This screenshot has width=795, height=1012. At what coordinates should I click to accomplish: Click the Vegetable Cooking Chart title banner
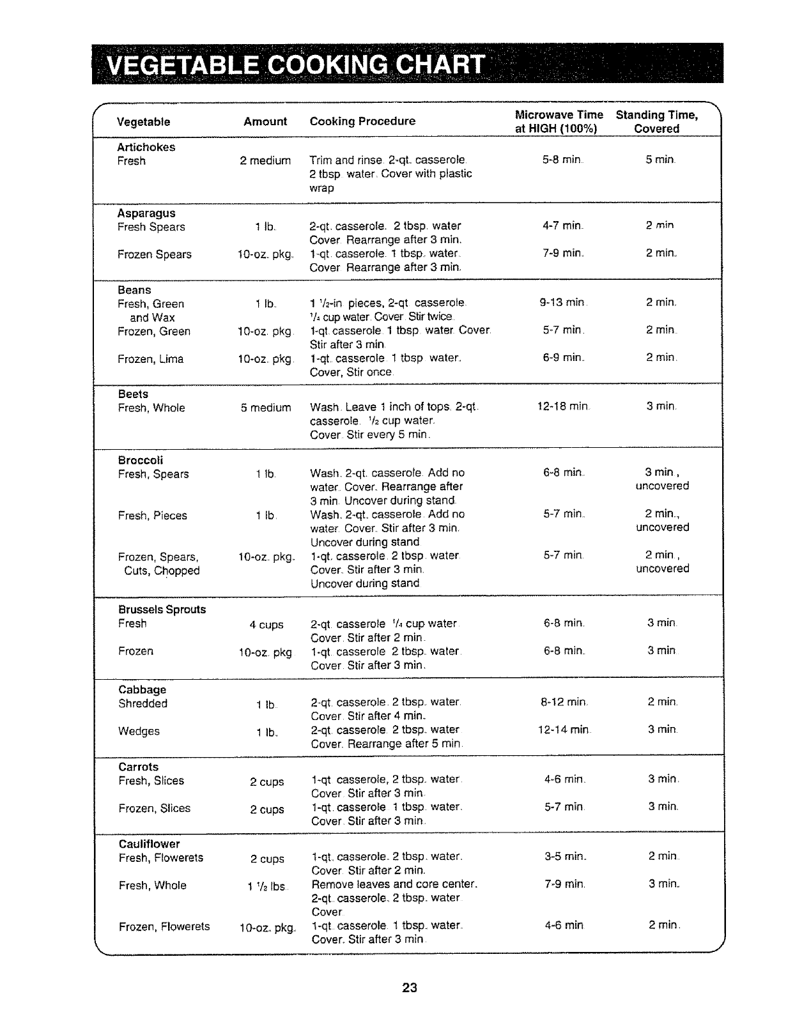pos(294,65)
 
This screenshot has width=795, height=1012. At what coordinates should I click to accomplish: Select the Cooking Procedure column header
pos(362,121)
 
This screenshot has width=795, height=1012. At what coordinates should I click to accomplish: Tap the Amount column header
pos(265,121)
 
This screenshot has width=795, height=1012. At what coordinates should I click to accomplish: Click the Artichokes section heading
pos(146,147)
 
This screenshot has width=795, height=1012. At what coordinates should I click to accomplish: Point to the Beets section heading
pos(133,394)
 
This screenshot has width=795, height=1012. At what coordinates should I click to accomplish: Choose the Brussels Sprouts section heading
pos(162,609)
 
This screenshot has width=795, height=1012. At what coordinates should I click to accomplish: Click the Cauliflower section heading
pos(150,844)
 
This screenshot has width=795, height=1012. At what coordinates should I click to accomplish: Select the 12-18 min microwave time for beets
pos(563,407)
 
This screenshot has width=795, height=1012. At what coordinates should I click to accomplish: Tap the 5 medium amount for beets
pos(266,408)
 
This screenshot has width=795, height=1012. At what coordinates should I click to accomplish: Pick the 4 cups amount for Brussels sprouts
pos(266,625)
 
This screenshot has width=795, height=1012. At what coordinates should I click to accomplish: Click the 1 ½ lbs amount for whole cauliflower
pos(268,886)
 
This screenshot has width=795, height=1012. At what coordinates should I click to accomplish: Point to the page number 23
pos(410,988)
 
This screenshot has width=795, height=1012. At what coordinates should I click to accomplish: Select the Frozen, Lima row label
pos(151,359)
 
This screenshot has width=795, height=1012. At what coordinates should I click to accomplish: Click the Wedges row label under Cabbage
pos(139,731)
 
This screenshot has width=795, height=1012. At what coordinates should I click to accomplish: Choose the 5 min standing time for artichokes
pos(660,160)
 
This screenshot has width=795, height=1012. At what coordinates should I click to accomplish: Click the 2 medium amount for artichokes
pos(265,161)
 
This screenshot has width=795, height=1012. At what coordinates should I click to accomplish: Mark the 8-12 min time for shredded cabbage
pos(564,703)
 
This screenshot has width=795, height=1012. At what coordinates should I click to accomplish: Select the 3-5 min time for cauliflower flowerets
pos(565,857)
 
